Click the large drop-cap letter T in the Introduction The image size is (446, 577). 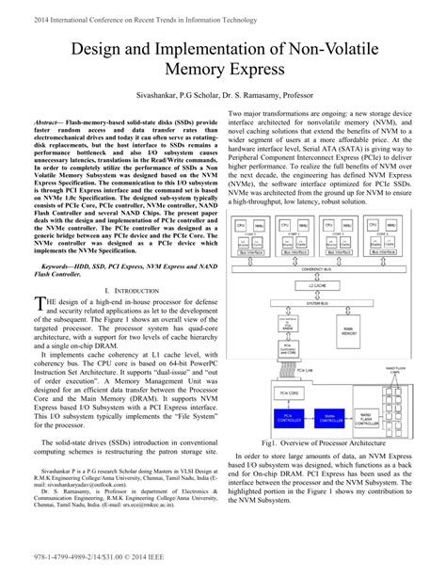39,304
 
